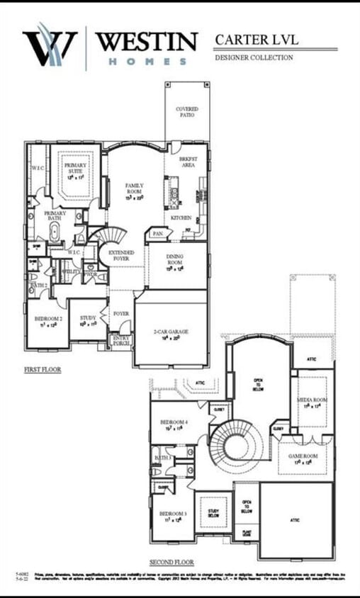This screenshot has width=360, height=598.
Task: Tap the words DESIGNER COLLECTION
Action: [254, 57]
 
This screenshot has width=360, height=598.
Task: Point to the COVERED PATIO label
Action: [187, 112]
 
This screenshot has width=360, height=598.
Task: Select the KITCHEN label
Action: [181, 218]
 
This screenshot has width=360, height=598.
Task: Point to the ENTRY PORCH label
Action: [121, 342]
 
